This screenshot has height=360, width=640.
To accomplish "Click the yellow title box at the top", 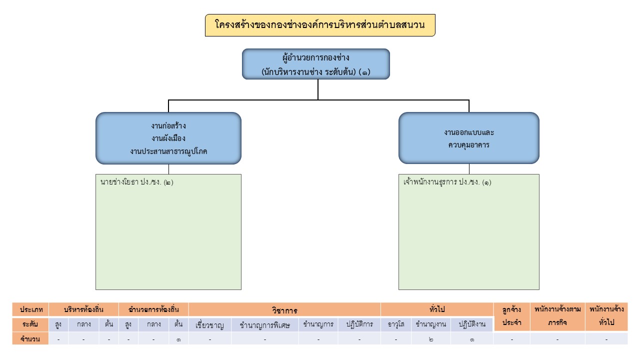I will pyautogui.click(x=320, y=25).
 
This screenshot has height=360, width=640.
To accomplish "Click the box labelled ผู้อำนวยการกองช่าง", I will pyautogui.click(x=316, y=64).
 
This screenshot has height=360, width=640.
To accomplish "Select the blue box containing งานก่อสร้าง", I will pyautogui.click(x=168, y=138).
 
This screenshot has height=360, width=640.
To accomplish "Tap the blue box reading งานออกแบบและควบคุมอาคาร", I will pyautogui.click(x=468, y=138).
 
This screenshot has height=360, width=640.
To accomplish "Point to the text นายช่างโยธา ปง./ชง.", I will pyautogui.click(x=137, y=182).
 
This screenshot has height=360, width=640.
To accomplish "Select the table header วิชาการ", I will pyautogui.click(x=284, y=310).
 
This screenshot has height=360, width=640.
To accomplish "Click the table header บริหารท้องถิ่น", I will pyautogui.click(x=84, y=309).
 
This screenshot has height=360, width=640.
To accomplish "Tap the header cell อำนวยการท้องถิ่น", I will pyautogui.click(x=153, y=309).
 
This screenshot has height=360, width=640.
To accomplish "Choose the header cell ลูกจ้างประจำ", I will pyautogui.click(x=511, y=316).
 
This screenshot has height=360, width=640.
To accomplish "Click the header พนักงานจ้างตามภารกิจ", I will pyautogui.click(x=557, y=316).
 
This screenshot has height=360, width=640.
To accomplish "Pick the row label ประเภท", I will pyautogui.click(x=31, y=309).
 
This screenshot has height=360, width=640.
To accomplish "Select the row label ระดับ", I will pyautogui.click(x=31, y=324).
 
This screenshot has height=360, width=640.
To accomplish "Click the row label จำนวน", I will pyautogui.click(x=31, y=339).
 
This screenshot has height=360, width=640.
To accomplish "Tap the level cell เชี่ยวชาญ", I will pyautogui.click(x=210, y=324).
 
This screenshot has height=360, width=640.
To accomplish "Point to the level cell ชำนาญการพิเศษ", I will pyautogui.click(x=265, y=324).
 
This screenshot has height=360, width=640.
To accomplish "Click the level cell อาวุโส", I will pyautogui.click(x=396, y=324).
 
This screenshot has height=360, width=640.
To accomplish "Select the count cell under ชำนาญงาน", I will pyautogui.click(x=431, y=339).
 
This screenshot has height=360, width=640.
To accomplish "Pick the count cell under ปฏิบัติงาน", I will pyautogui.click(x=472, y=339).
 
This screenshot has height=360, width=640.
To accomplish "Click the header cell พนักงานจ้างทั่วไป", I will pyautogui.click(x=606, y=316).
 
